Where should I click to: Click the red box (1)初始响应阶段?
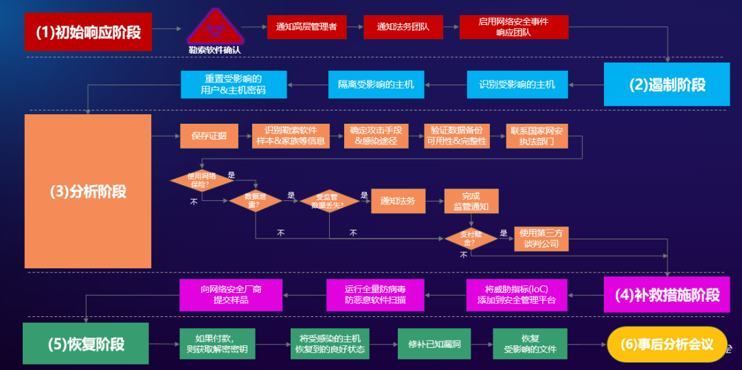[87, 32]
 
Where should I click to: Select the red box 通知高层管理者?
[306, 27]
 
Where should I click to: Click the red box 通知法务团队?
[403, 27]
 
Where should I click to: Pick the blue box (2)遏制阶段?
[666, 84]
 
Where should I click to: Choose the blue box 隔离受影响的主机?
[376, 85]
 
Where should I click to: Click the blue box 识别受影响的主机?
[517, 85]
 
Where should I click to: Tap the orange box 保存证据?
[204, 136]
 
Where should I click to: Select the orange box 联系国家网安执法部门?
[537, 136]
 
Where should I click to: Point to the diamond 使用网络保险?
[199, 180]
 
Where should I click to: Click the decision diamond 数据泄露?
[256, 201]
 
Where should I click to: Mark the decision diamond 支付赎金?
[471, 239]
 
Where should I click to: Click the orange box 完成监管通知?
[471, 201]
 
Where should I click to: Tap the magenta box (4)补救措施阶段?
[666, 295]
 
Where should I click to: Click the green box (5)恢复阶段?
[86, 344]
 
